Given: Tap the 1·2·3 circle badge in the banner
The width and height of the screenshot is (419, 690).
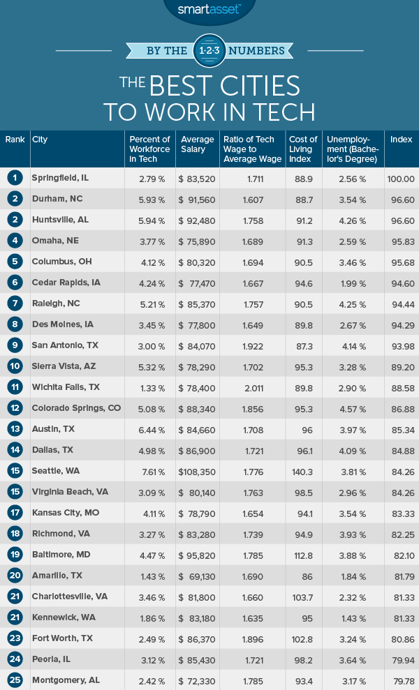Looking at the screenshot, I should point(209,51).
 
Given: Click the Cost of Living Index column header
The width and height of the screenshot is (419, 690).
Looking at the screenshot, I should point(303,144).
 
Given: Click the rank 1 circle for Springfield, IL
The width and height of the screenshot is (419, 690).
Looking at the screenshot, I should point(15,178).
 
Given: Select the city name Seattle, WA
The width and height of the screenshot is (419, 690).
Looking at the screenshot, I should point(57,471).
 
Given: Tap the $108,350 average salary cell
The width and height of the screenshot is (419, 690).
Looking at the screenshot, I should point(195,471).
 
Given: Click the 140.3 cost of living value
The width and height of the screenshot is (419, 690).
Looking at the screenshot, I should point(302,471).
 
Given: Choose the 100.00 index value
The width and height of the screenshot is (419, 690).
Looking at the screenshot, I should point(400,178).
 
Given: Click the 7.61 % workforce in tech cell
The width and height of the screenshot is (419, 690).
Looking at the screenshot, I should point(147,471).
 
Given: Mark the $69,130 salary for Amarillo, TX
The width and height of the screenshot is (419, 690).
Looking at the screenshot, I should point(195,576).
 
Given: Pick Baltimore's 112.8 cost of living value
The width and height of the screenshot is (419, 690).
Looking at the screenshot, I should point(302,555).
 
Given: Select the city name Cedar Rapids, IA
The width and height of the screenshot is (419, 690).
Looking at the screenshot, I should point(66,283).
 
